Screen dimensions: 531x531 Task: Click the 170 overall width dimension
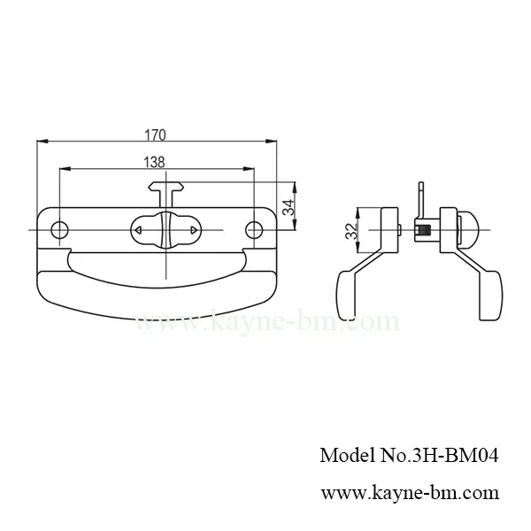[156, 135]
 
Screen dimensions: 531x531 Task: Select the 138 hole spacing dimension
[156, 162]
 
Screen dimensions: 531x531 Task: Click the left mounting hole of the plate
[58, 230]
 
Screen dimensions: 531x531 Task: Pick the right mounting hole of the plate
[254, 230]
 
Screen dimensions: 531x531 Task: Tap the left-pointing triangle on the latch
[138, 230]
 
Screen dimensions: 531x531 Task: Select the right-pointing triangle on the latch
[193, 230]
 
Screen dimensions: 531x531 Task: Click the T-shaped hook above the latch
[165, 189]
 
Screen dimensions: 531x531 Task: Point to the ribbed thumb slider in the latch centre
[165, 230]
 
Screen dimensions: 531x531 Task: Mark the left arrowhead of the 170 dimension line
[38, 142]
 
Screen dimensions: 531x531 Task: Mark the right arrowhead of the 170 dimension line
[270, 142]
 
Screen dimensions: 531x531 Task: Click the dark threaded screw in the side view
[424, 232]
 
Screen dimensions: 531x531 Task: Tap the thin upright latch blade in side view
[422, 198]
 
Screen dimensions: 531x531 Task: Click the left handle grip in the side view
[348, 288]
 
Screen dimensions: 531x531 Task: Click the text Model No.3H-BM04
[408, 457]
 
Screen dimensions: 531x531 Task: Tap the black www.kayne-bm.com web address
[408, 492]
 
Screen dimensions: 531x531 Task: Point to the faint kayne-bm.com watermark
[265, 322]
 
